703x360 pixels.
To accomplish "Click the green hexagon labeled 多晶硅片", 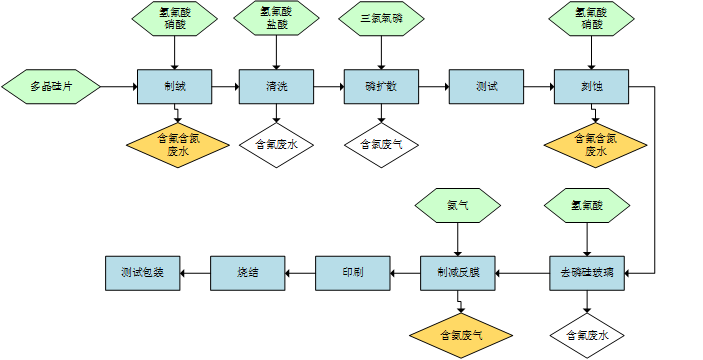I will (53, 87).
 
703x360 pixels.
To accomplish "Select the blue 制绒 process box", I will (175, 87).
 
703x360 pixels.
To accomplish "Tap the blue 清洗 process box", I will (277, 87).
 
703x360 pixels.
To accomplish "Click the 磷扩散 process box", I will (381, 87).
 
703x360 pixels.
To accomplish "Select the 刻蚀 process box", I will (591, 87).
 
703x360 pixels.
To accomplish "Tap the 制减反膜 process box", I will (458, 272).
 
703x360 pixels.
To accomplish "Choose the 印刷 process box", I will (353, 272).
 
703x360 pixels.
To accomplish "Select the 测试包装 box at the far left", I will (143, 272).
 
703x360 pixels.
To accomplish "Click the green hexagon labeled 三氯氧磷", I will (381, 19).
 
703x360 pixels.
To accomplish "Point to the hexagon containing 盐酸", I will (277, 19).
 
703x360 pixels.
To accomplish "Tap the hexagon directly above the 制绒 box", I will (175, 19).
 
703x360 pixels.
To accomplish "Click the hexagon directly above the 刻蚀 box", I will (591, 19).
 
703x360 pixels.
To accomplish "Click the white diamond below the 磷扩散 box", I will (381, 144).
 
